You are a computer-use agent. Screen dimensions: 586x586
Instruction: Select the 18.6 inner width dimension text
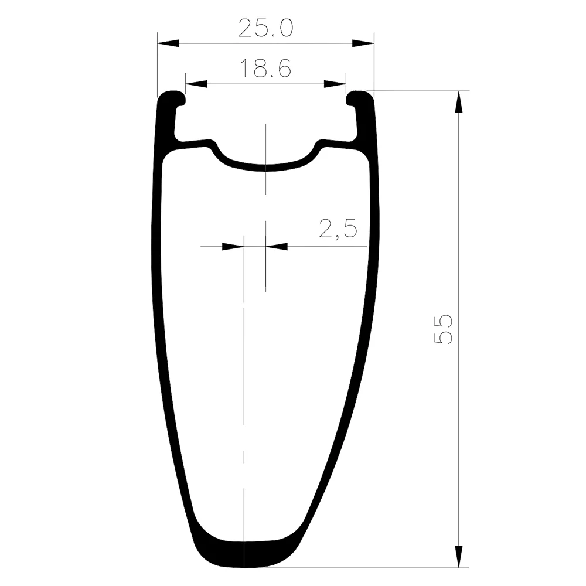(265, 70)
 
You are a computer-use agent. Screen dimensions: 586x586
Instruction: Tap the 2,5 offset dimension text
(338, 229)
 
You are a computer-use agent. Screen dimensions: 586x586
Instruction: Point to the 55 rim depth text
(443, 329)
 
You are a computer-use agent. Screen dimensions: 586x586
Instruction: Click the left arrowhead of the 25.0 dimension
(168, 43)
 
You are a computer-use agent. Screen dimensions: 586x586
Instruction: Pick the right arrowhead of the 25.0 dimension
(363, 43)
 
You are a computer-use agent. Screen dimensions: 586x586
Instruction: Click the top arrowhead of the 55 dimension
(459, 102)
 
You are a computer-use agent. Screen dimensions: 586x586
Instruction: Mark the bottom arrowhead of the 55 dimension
(459, 557)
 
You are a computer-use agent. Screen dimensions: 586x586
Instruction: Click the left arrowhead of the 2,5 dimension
(233, 247)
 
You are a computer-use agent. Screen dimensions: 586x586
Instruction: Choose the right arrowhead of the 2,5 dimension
(276, 247)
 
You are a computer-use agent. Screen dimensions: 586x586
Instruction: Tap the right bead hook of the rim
(359, 98)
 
